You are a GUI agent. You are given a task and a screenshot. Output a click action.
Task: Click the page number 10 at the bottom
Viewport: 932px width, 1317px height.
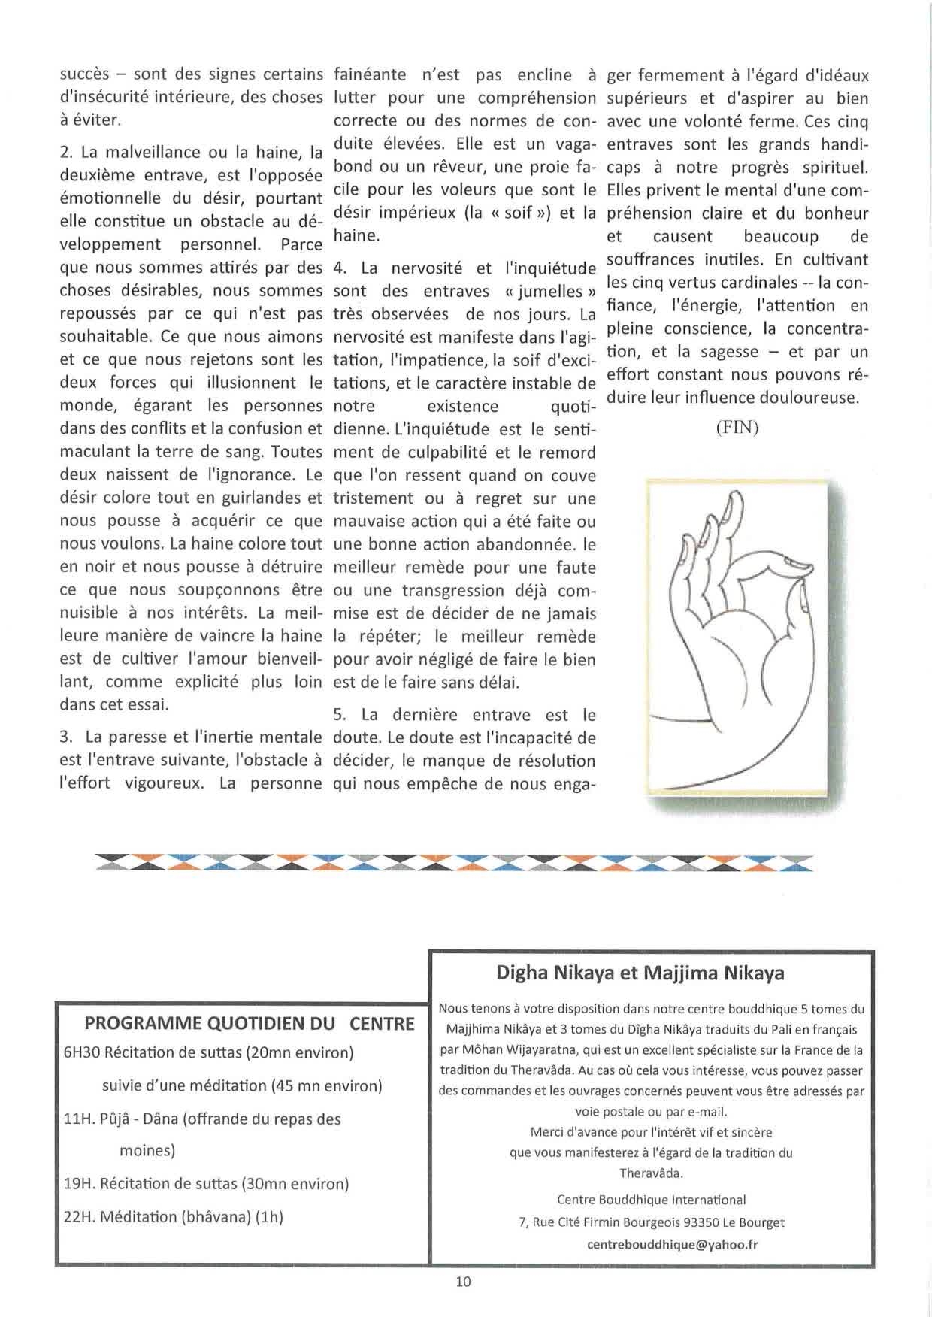coord(463,1282)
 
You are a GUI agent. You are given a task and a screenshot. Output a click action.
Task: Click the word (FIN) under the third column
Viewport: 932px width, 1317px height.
coord(737,428)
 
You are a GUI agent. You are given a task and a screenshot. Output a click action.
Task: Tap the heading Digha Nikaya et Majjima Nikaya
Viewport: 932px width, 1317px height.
coord(640,973)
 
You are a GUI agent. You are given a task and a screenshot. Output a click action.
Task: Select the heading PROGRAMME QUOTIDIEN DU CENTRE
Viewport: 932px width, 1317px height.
coord(250,1023)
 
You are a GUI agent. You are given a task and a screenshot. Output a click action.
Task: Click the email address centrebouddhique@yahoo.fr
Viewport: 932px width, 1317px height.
coord(672,1244)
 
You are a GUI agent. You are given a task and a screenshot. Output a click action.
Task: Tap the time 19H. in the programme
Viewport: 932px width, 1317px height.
coord(78,1184)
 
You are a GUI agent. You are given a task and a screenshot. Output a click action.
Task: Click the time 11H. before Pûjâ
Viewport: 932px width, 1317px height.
coord(78,1119)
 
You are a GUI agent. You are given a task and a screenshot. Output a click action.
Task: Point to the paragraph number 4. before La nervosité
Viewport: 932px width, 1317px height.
coord(339,268)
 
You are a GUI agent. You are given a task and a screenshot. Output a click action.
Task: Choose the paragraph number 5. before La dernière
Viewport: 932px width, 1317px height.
coord(339,715)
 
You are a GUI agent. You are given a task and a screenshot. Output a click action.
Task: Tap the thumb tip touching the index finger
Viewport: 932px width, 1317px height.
coord(798,577)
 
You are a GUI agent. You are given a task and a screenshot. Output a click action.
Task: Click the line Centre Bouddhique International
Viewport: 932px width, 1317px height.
coord(652,1200)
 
